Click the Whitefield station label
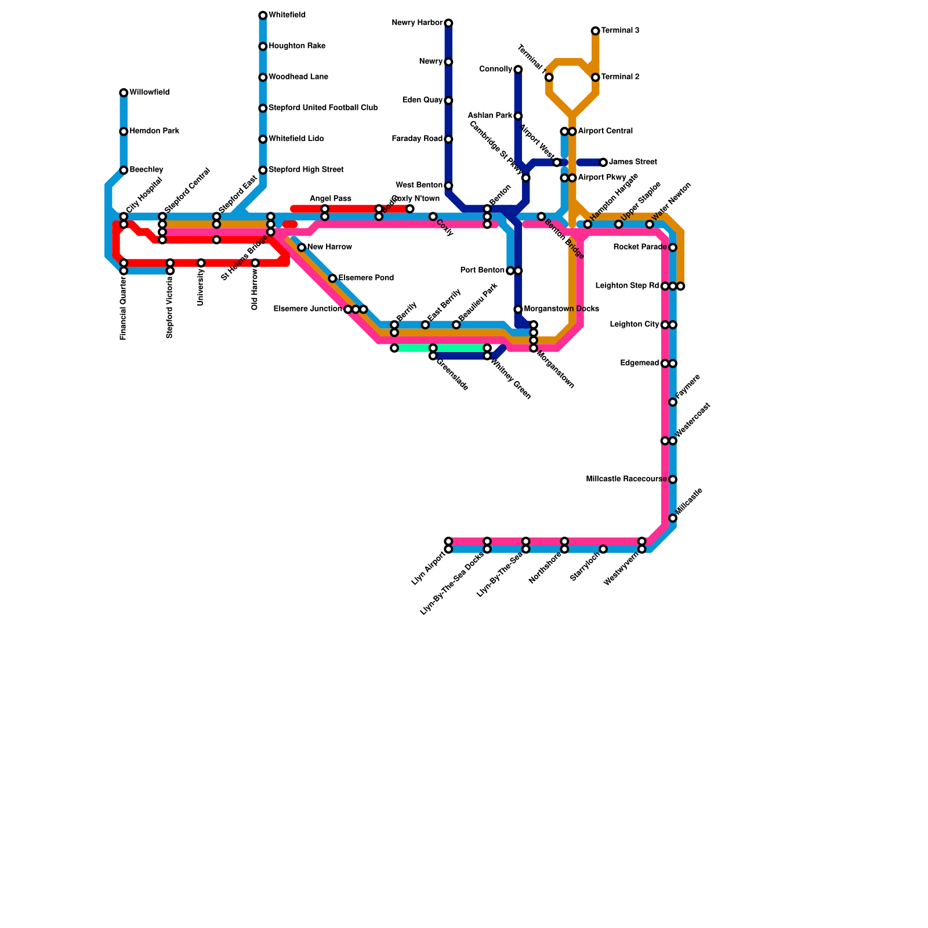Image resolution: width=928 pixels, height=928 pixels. tap(287, 15)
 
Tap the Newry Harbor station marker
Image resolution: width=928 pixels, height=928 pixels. tap(448, 23)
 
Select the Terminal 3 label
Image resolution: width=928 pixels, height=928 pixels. tap(620, 31)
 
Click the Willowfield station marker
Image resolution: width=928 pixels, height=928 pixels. tap(124, 93)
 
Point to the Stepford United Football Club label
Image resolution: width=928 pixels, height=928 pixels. tap(323, 108)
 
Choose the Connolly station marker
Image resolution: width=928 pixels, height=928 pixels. tap(518, 70)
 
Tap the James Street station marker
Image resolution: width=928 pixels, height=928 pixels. tap(603, 162)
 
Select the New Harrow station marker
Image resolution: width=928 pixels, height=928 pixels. tap(302, 248)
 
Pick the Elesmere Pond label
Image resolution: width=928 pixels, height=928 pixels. tap(366, 278)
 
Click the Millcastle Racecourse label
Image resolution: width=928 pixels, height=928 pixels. tap(626, 480)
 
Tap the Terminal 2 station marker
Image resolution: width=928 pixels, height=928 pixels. tap(595, 77)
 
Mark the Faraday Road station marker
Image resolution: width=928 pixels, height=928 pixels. tap(448, 139)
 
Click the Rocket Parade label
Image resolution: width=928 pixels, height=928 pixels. tap(640, 248)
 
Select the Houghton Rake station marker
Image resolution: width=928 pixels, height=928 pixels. tap(263, 46)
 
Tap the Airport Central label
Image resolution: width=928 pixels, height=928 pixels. tap(605, 131)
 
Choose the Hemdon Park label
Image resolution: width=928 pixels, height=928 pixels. tap(154, 131)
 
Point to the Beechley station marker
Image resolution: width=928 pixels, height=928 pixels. tap(124, 170)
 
